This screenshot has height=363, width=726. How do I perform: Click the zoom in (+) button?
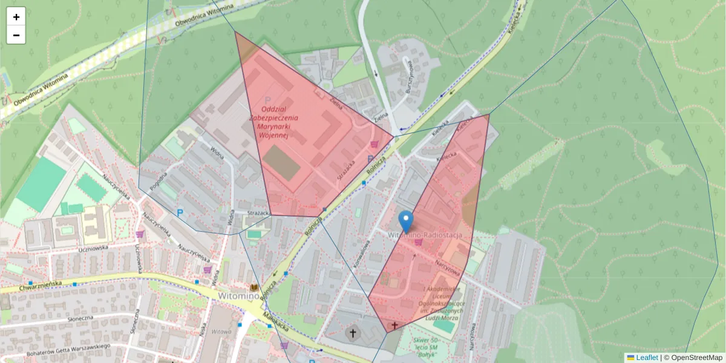16,17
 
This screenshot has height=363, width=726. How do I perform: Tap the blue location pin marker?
406,221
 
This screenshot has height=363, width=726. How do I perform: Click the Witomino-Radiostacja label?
425,234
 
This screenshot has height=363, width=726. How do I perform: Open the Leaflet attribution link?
646,358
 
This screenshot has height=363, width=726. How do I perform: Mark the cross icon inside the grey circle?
352,333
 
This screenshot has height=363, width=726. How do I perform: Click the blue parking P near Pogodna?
180,213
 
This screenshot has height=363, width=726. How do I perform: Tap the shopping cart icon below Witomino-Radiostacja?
417,243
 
